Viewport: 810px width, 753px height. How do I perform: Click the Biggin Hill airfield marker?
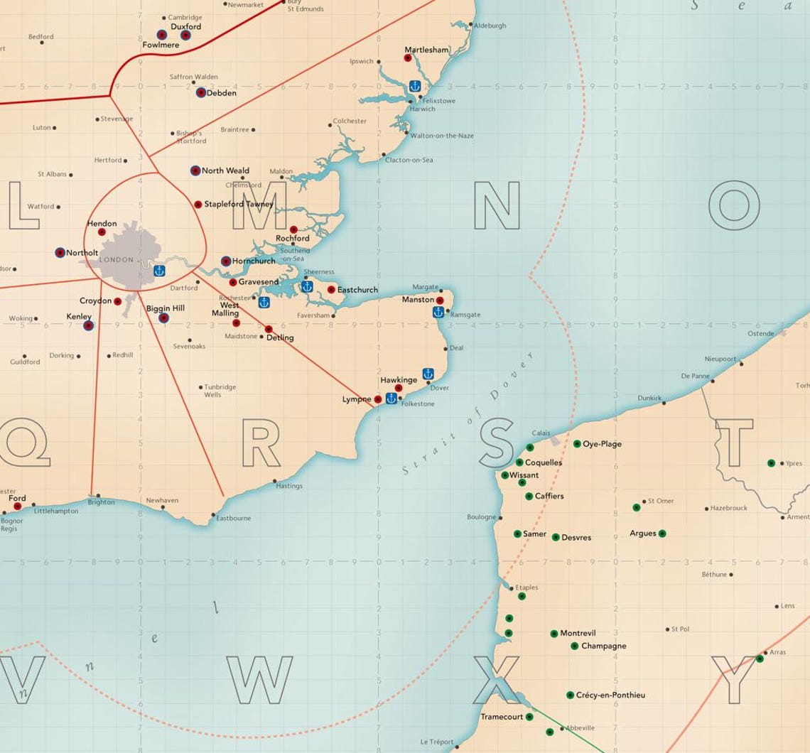pos(163,318)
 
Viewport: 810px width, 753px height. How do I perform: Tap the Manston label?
pos(418,300)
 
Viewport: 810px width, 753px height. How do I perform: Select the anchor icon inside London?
pos(159,271)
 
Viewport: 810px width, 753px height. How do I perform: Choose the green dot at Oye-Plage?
pos(577,444)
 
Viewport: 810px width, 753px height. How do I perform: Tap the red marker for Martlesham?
pos(408,58)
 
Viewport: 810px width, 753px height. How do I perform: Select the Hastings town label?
pos(289,486)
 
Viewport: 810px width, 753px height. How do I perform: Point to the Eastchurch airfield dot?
pos(331,289)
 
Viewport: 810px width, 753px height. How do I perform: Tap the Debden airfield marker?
pos(201,92)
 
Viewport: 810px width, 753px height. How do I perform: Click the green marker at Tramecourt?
pos(529,717)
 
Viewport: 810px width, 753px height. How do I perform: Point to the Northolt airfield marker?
pos(60,252)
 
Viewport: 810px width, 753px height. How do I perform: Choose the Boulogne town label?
pos(481,517)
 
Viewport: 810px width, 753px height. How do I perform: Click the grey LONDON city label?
pos(117,260)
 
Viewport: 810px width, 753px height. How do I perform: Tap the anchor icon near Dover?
pos(428,373)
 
